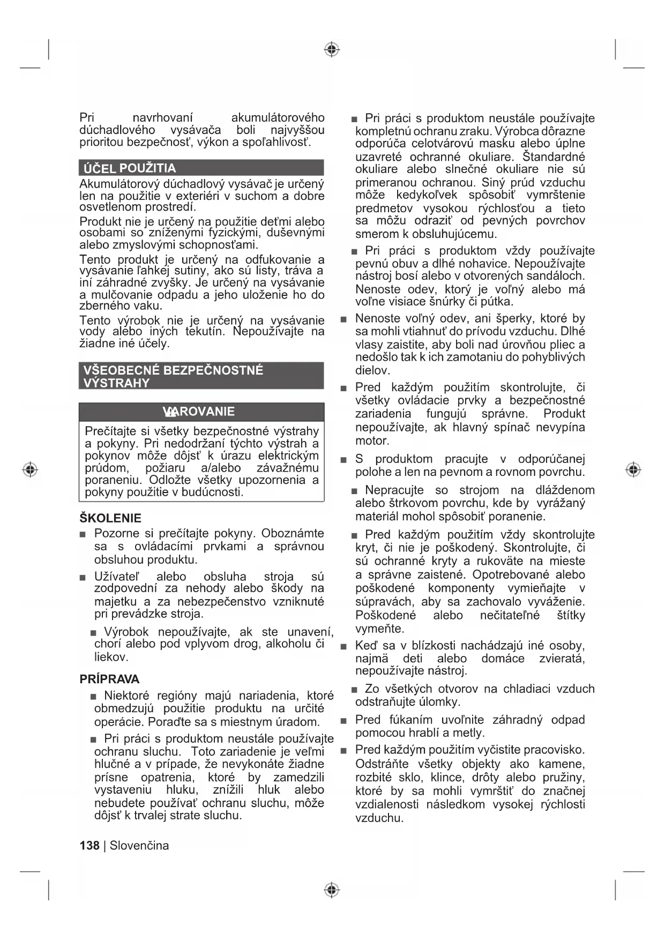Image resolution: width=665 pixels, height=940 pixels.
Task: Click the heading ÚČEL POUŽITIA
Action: pos(130,168)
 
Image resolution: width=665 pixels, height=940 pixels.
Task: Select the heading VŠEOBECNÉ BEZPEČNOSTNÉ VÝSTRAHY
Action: pos(173,376)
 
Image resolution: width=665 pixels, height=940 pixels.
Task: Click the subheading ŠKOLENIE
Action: pos(110,518)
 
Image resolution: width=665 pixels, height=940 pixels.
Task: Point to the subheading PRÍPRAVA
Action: pos(109,679)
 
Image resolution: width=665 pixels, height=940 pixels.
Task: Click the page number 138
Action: pos(89,845)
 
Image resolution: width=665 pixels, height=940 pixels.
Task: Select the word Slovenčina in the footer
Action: pos(139,845)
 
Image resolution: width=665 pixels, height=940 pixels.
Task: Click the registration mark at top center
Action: pos(332,50)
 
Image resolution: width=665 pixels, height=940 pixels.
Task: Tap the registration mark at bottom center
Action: pos(332,890)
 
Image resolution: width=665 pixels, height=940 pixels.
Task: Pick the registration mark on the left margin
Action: pos(31,470)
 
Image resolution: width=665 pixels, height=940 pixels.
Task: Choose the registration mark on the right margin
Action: pos(633,470)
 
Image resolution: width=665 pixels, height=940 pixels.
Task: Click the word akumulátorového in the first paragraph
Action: pos(278,118)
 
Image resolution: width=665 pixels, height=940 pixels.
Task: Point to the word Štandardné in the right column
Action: pos(554,157)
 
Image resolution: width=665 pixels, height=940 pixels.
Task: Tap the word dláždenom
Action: pos(565,490)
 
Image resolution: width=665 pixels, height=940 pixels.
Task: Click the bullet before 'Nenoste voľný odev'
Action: pos(344,319)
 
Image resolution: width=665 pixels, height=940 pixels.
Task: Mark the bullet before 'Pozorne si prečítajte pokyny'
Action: pos(83,534)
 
